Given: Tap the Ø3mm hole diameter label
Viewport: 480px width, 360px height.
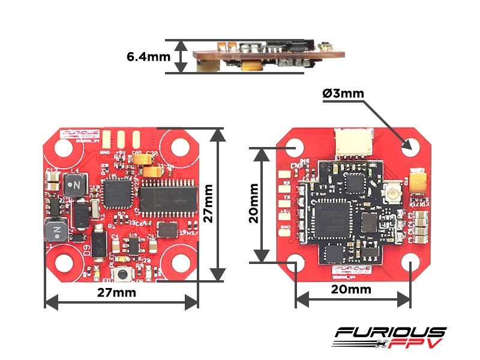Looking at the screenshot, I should pos(343,94).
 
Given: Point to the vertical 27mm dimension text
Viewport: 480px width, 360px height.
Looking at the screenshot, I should pos(208,203).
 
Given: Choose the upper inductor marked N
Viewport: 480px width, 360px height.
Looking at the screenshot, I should pos(76,184).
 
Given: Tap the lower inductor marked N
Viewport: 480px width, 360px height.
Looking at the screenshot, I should pos(57,229).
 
